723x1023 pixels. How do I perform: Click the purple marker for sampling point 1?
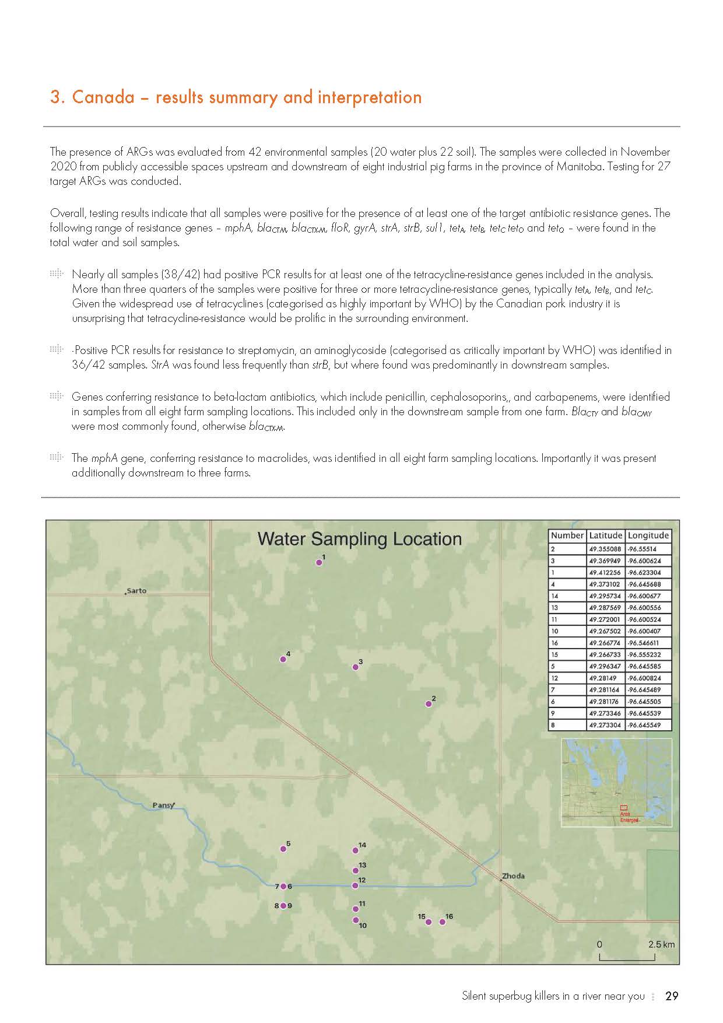coord(319,563)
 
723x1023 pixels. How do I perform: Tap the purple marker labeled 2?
coord(429,704)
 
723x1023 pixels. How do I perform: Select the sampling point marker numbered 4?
coord(283,659)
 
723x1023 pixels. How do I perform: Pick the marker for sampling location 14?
coord(356,851)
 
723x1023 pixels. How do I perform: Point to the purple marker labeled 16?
coord(443,922)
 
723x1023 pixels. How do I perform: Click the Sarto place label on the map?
coord(136,591)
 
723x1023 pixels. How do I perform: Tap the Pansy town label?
coord(163,805)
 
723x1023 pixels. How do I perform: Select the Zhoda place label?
coord(513,876)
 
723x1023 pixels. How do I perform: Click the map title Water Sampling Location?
coord(360,539)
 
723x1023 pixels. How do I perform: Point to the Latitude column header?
coord(606,535)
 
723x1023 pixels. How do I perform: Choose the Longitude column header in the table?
coord(648,535)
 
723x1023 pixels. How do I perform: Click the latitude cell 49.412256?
coord(605,573)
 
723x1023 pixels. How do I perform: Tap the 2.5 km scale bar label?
coord(661,944)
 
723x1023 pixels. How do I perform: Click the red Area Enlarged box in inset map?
coord(623,807)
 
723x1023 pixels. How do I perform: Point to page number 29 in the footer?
coord(672,996)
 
